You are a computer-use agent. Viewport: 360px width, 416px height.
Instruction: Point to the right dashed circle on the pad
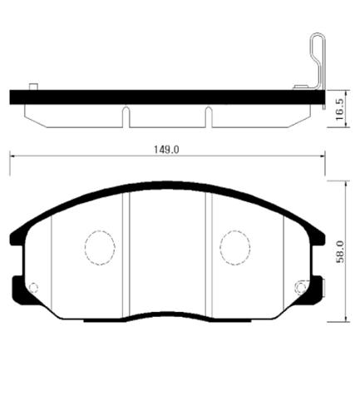[234, 245]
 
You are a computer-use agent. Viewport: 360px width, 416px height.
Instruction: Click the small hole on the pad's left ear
[33, 288]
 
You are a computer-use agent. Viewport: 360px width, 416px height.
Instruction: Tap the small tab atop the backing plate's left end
[32, 87]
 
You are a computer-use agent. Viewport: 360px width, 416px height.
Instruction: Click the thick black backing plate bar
[166, 97]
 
